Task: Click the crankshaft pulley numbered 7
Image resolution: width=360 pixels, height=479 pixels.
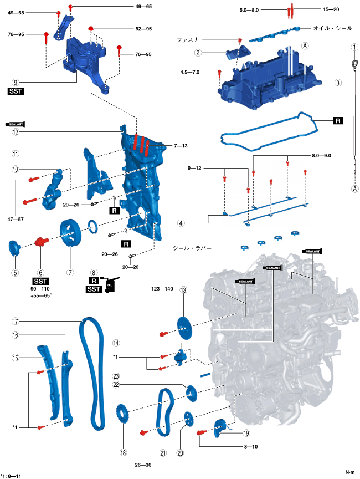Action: [x=70, y=234]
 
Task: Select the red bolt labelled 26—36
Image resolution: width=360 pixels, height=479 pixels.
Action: [x=143, y=432]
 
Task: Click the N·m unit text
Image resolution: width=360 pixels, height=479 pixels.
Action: [x=350, y=472]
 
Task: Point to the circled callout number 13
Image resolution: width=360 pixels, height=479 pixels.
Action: [x=183, y=289]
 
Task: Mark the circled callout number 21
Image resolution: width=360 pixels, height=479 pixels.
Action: [x=163, y=453]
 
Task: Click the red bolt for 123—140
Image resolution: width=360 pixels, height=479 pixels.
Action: [x=162, y=334]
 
